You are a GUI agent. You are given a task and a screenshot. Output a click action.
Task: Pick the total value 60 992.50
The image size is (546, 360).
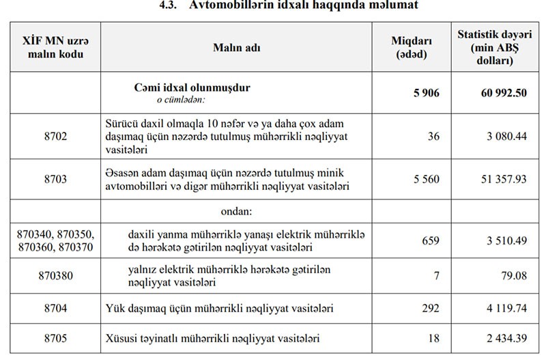tap(502, 93)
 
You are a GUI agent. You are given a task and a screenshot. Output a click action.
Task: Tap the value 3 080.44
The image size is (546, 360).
tap(506, 137)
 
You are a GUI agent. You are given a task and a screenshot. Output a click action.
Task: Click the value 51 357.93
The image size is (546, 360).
tap(504, 179)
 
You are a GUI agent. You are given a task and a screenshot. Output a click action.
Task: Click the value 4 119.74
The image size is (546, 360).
tap(506, 309)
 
